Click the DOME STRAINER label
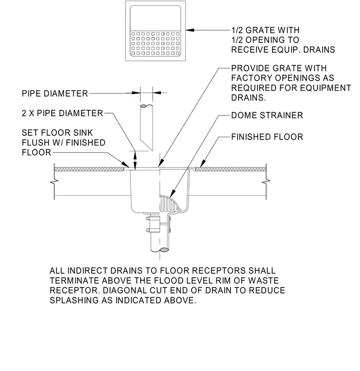[267, 116]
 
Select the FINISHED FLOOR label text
[267, 137]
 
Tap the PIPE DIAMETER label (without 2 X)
[55, 93]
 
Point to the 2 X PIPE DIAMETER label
[62, 113]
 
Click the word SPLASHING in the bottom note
[74, 300]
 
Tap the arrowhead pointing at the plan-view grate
[190, 30]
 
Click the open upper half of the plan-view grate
[155, 19]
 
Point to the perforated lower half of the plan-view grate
[155, 44]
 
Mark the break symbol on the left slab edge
[54, 182]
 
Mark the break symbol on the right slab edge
[266, 182]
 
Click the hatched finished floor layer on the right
[231, 169]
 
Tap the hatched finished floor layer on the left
[89, 169]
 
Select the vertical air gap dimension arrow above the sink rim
[135, 160]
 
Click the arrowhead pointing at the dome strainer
[172, 193]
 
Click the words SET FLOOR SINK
[57, 133]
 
